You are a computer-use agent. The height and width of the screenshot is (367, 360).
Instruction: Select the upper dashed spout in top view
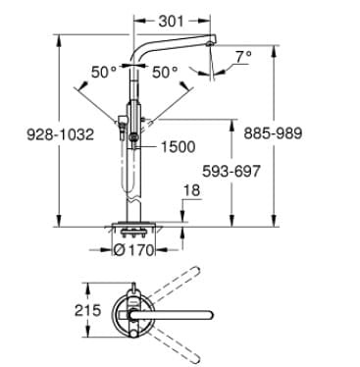(x=177, y=283)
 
